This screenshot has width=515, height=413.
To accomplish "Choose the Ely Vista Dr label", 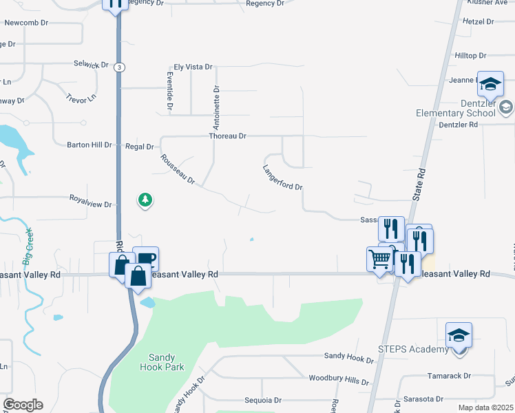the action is (193, 67).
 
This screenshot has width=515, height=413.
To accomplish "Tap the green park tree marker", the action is (145, 200).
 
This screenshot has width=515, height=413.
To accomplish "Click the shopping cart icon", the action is (380, 259).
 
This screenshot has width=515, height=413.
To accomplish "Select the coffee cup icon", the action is (146, 259).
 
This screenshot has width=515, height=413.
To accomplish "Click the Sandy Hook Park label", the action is (166, 362).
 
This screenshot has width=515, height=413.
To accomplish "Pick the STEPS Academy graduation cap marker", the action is (459, 335).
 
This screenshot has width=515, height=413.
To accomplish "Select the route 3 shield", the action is (120, 67).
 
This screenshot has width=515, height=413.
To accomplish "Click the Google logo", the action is (23, 405).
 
